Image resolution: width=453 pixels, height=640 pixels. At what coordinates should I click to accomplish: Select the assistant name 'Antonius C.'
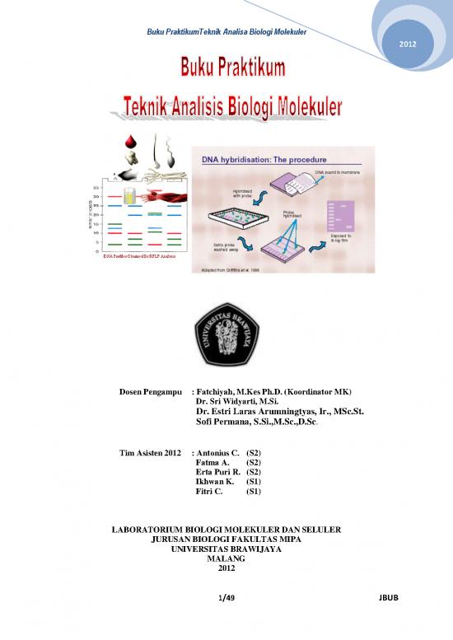tap(217, 453)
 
